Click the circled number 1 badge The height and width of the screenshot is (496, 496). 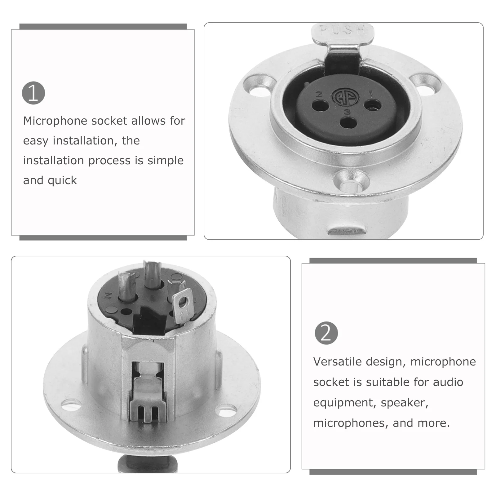pyautogui.click(x=33, y=93)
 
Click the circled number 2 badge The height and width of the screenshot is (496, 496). pyautogui.click(x=326, y=333)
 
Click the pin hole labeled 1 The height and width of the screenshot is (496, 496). pyautogui.click(x=373, y=105)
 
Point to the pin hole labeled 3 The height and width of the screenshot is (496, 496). pyautogui.click(x=348, y=122)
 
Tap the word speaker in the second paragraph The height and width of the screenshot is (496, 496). pyautogui.click(x=404, y=403)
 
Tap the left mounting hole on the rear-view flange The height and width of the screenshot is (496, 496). pyautogui.click(x=70, y=404)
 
